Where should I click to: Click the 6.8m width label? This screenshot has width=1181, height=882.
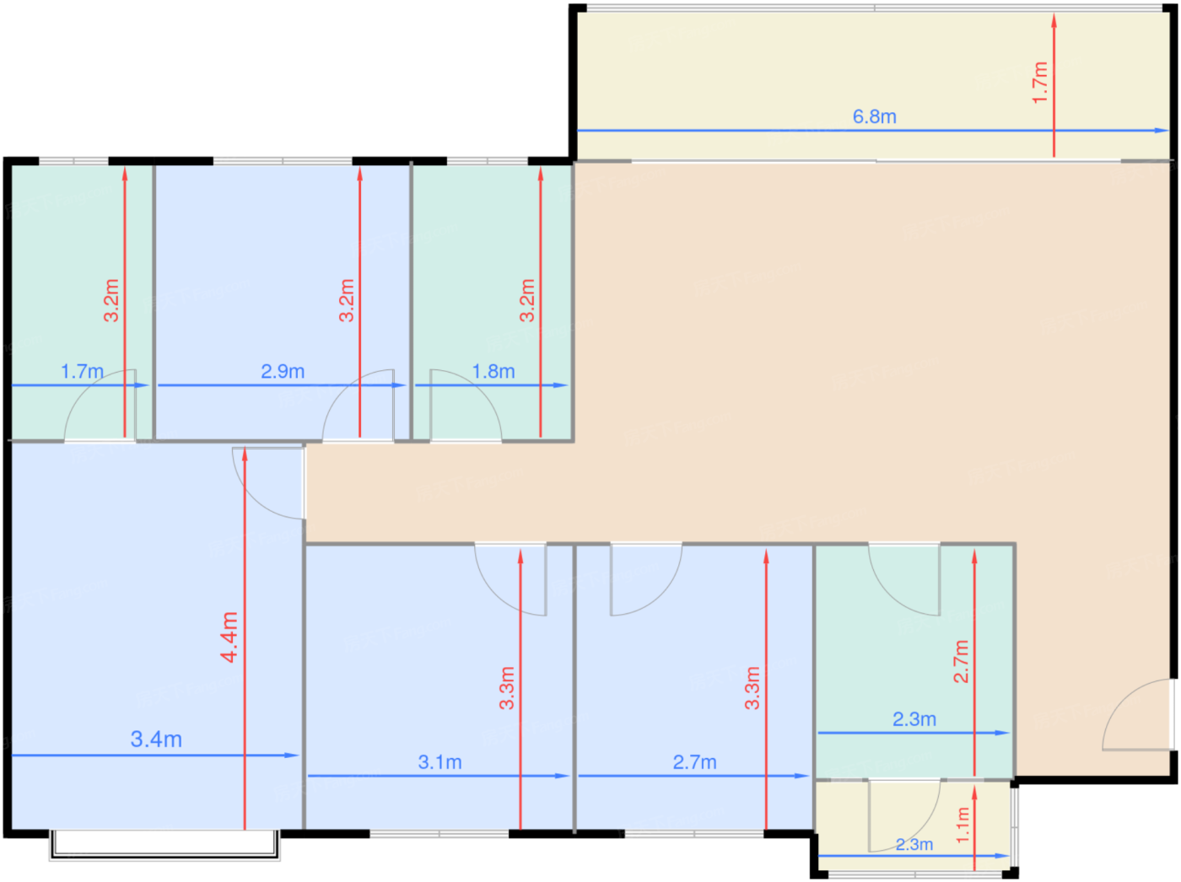(x=874, y=116)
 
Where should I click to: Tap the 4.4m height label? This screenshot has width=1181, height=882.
(x=229, y=637)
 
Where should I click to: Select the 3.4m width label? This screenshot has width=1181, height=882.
(x=156, y=739)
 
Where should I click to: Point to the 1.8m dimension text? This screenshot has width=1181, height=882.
(x=493, y=371)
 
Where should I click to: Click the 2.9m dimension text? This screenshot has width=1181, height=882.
(x=283, y=371)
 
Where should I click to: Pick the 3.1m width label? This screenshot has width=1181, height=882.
(x=440, y=762)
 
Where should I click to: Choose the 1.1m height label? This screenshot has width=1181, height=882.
(x=963, y=825)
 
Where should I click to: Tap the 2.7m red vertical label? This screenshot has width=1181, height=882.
(x=961, y=661)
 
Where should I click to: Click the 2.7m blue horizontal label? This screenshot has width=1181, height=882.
(x=694, y=762)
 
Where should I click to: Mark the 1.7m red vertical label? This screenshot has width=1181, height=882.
(x=1039, y=83)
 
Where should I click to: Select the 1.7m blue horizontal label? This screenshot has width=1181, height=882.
(x=82, y=371)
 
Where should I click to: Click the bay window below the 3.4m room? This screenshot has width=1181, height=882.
(x=164, y=845)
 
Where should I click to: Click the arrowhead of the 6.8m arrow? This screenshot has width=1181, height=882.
(x=1161, y=131)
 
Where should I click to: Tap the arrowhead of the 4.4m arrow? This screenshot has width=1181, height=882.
(x=245, y=454)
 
